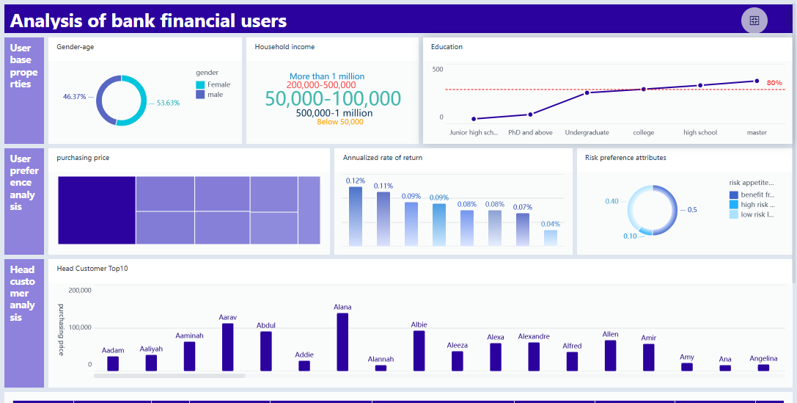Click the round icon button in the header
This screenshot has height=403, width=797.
coord(754,21)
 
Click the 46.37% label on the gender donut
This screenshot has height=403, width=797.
coord(75,96)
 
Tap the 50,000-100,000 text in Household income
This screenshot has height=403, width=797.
coord(333,99)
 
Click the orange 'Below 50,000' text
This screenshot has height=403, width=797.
coord(340,122)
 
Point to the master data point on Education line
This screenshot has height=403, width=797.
coord(757,81)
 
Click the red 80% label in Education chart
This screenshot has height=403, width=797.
coord(774,83)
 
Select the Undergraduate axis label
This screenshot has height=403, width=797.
coord(587,133)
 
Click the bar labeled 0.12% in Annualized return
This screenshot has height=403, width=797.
coord(356,216)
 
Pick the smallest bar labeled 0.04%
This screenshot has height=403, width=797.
coord(551,238)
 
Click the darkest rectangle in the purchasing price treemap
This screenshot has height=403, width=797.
coord(97,210)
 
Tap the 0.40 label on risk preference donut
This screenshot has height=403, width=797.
coord(611,201)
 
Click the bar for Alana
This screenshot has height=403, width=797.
coord(342,341)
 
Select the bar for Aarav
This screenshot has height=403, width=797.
coord(228,346)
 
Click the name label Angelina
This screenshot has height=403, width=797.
coord(763,358)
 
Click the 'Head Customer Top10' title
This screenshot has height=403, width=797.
coord(92,269)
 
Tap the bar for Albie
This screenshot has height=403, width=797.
coord(419,350)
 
